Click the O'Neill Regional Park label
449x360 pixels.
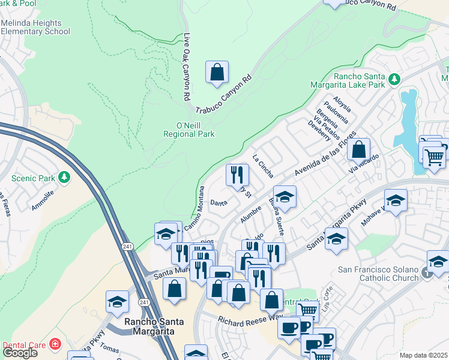point(189,130)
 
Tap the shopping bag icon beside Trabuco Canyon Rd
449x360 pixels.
point(217,72)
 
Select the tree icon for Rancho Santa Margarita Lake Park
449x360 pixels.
point(394,79)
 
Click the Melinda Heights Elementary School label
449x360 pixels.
point(36,26)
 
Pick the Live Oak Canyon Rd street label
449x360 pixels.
point(187,66)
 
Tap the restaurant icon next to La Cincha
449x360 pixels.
point(237,175)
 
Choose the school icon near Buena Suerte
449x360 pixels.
point(285,197)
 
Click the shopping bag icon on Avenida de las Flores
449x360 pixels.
point(358,150)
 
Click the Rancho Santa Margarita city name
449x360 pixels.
point(149,326)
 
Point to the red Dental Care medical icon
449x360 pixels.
point(55,344)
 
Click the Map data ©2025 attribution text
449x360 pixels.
point(423,355)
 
